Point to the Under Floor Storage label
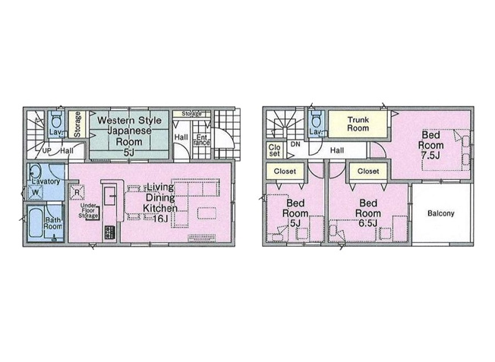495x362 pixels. click(x=88, y=211)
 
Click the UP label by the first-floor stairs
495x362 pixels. click(x=46, y=151)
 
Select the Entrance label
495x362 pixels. click(x=201, y=139)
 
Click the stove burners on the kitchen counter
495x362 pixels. click(x=109, y=232)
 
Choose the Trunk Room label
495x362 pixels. click(x=358, y=124)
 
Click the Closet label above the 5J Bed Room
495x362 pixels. click(x=285, y=171)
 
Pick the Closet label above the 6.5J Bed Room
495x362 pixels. click(x=368, y=171)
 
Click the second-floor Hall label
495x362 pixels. click(x=337, y=151)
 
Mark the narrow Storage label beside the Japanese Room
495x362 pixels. click(x=77, y=127)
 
